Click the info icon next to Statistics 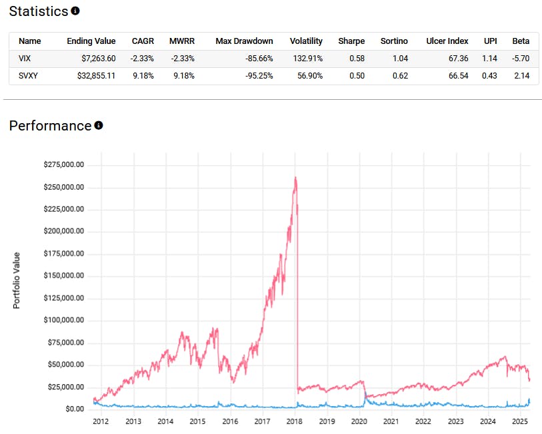pyautogui.click(x=75, y=11)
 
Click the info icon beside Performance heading pyautogui.click(x=99, y=125)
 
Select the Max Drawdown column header pyautogui.click(x=244, y=41)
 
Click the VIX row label pyautogui.click(x=25, y=59)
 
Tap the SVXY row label pyautogui.click(x=28, y=76)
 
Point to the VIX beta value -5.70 pyautogui.click(x=520, y=59)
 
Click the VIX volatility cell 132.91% pyautogui.click(x=307, y=59)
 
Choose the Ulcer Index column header pyautogui.click(x=447, y=41)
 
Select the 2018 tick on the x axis pyautogui.click(x=295, y=421)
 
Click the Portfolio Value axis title pyautogui.click(x=17, y=280)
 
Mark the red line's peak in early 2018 pyautogui.click(x=295, y=178)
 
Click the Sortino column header pyautogui.click(x=394, y=41)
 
